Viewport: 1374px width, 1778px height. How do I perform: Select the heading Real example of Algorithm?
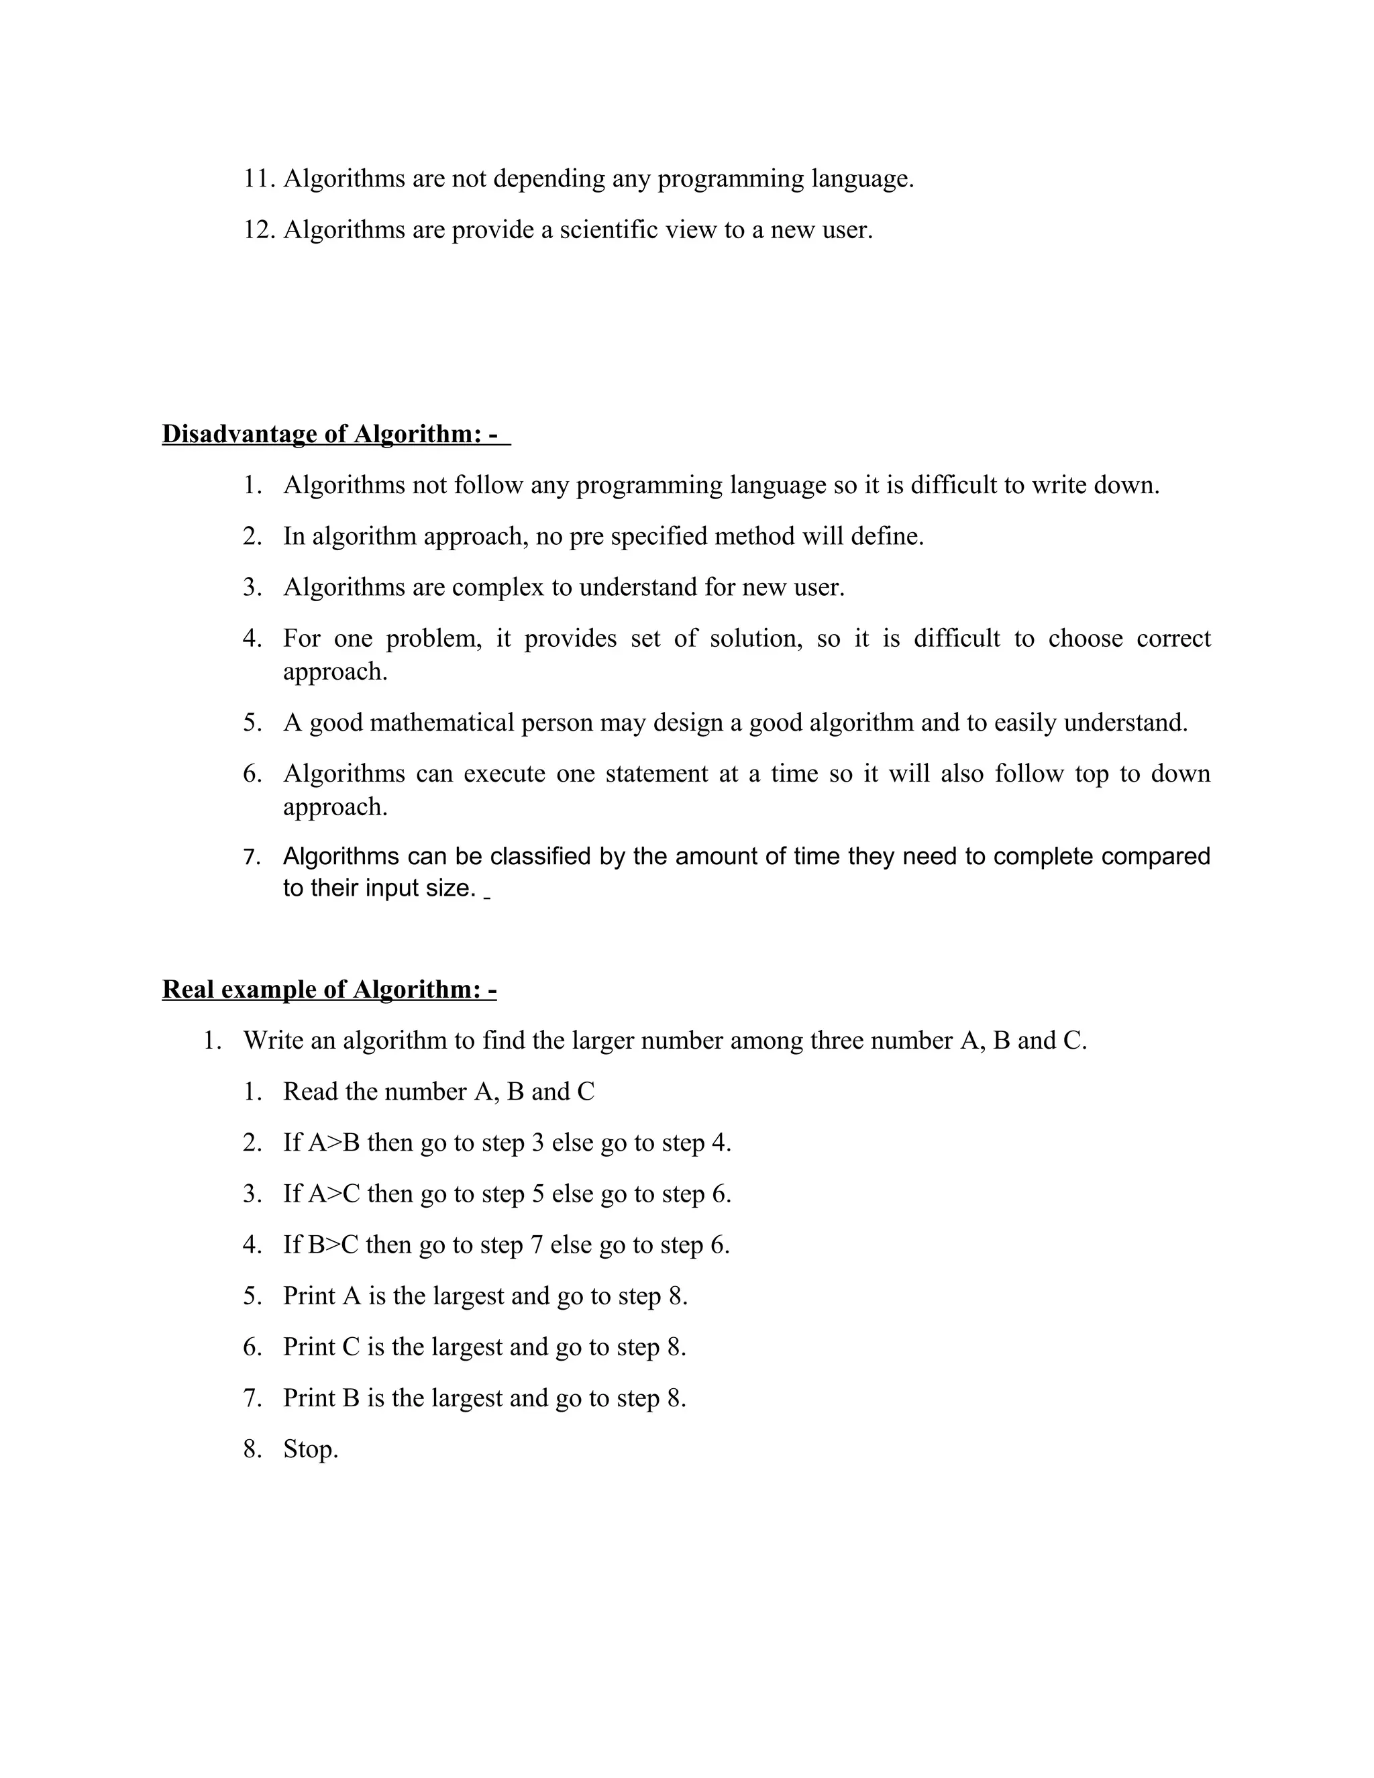point(329,989)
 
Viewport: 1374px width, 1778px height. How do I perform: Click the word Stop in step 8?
point(309,1450)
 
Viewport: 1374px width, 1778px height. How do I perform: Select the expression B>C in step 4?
point(333,1245)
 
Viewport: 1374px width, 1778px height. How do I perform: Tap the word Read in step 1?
point(310,1092)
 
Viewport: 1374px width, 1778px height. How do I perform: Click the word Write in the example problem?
point(272,1041)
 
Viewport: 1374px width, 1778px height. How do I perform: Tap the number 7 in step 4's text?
point(537,1245)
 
